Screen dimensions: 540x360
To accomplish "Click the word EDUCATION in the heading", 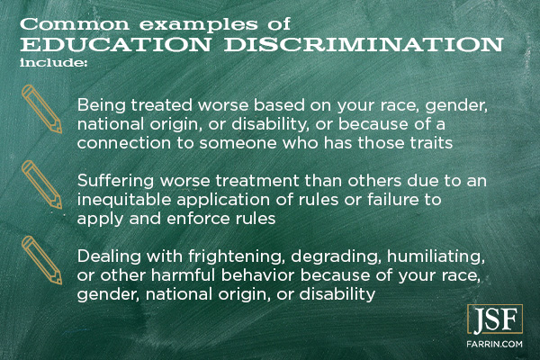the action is pos(115,45).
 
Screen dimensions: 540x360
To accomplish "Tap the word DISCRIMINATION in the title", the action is pos(364,45).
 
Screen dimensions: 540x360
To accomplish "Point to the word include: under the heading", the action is pos(52,63).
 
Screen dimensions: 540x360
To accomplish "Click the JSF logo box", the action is pos(495,319).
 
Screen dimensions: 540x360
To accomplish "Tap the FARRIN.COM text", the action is pos(494,344).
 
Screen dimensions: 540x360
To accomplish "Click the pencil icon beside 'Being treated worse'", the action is pos(41,109).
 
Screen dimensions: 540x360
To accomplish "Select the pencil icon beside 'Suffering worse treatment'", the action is pos(41,184).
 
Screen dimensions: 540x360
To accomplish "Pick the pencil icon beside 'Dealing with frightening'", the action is pos(41,260).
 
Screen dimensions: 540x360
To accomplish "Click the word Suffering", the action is pos(116,181).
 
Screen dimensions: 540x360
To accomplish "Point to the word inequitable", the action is pos(124,200).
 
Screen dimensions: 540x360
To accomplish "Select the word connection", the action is pos(124,143).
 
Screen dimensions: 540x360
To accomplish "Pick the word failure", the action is pos(392,200).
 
